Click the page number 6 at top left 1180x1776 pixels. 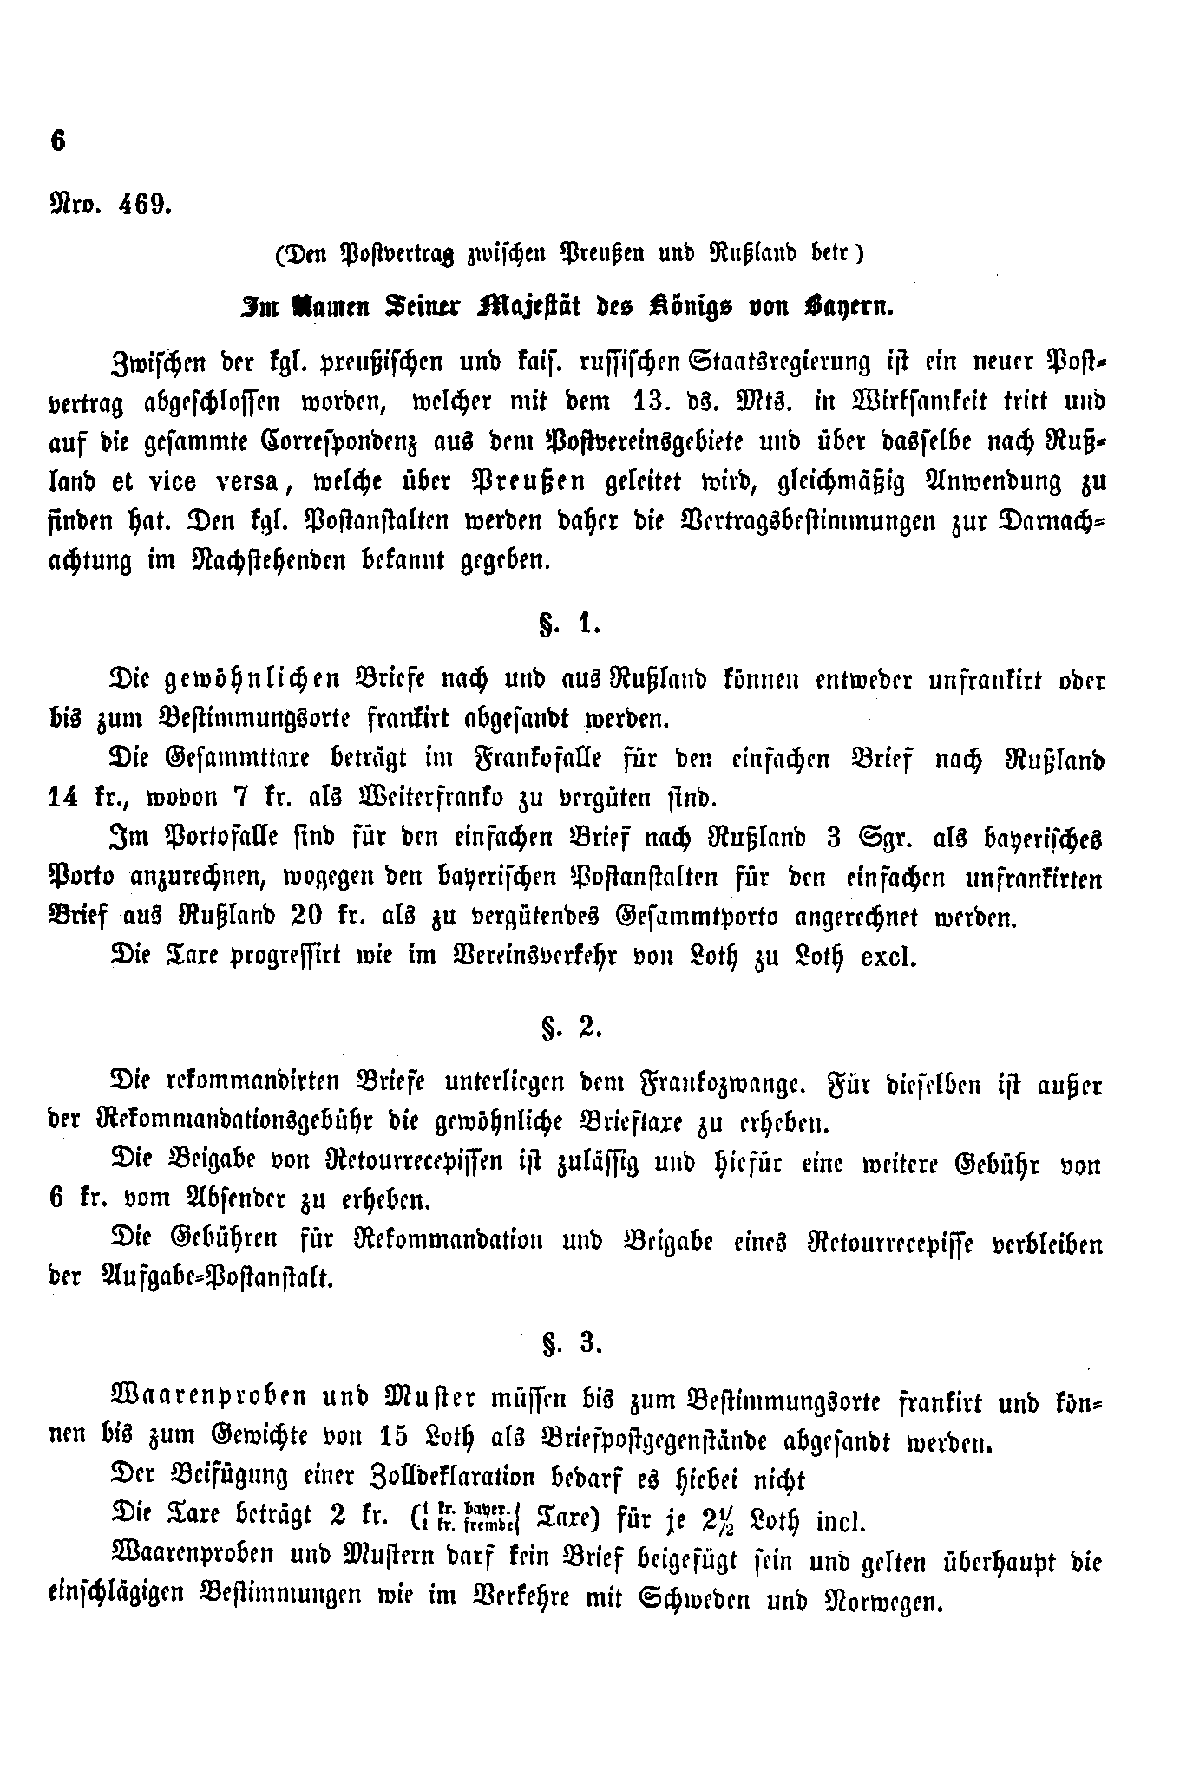(x=58, y=140)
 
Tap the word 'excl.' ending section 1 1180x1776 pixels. (x=888, y=958)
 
